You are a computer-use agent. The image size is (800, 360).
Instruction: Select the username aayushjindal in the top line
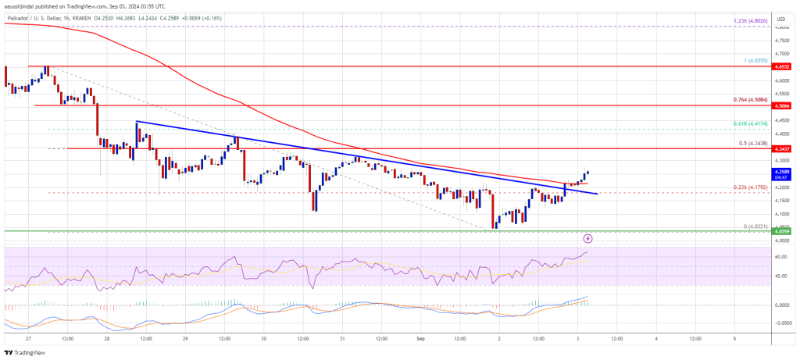(x=23, y=5)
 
